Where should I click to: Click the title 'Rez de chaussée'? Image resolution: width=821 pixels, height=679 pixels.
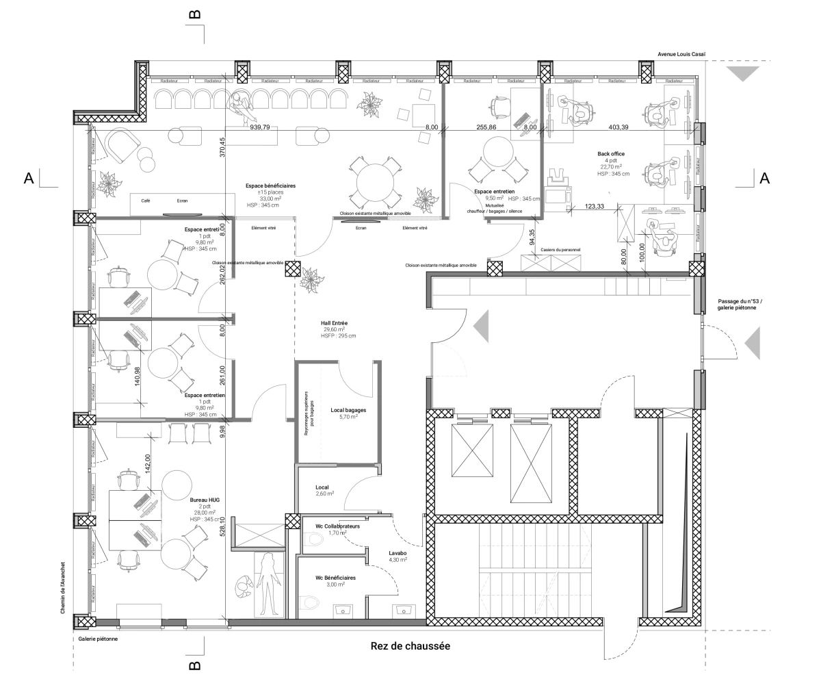410,646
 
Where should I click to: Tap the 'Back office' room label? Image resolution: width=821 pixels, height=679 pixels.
610,154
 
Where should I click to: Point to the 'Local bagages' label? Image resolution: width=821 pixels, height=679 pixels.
348,410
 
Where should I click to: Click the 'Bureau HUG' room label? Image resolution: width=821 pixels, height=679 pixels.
206,500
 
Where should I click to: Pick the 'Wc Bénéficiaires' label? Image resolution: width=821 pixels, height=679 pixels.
335,578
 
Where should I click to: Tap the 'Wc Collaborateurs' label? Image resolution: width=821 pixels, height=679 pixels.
338,526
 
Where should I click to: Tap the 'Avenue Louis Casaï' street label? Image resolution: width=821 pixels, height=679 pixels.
681,53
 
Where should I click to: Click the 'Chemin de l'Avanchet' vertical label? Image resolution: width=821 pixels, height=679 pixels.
62,582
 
